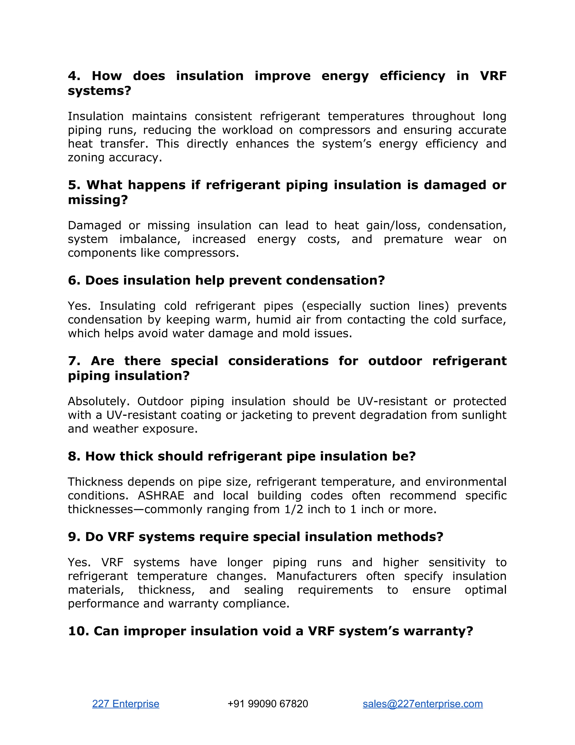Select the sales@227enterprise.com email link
click(422, 704)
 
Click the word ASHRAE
click(161, 496)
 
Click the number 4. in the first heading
click(74, 76)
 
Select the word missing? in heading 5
click(98, 200)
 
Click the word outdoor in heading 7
click(395, 361)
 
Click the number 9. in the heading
click(74, 537)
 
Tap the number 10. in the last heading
click(78, 631)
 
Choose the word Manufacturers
click(316, 576)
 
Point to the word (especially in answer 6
click(331, 306)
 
